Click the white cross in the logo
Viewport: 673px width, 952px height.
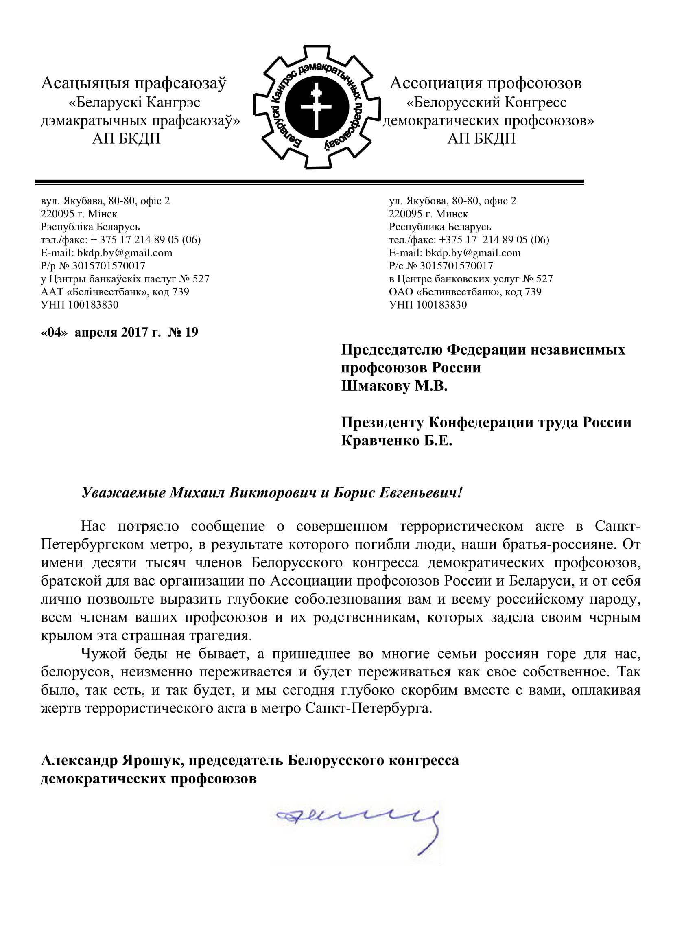316,107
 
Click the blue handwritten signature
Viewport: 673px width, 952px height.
358,819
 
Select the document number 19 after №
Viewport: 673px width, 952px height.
192,332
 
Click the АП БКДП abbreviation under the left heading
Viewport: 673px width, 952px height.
126,138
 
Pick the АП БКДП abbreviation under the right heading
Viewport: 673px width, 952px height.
481,138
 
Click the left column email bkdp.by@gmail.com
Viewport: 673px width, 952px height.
125,253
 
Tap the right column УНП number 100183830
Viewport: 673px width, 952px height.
441,305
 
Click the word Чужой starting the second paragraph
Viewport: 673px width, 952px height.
103,654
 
